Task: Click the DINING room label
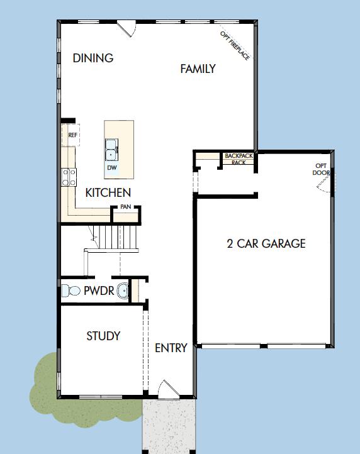(93, 58)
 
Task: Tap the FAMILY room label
(198, 69)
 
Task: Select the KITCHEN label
(108, 193)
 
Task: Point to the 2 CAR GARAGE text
(266, 243)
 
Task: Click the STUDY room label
(103, 336)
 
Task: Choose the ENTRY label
(171, 348)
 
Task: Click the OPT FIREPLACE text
(235, 45)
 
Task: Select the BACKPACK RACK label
(239, 158)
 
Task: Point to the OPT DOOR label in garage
(322, 170)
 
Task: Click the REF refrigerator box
(72, 135)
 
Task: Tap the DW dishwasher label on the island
(112, 168)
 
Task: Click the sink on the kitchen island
(111, 150)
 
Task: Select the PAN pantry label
(125, 206)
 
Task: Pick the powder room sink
(123, 291)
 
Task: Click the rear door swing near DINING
(128, 28)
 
